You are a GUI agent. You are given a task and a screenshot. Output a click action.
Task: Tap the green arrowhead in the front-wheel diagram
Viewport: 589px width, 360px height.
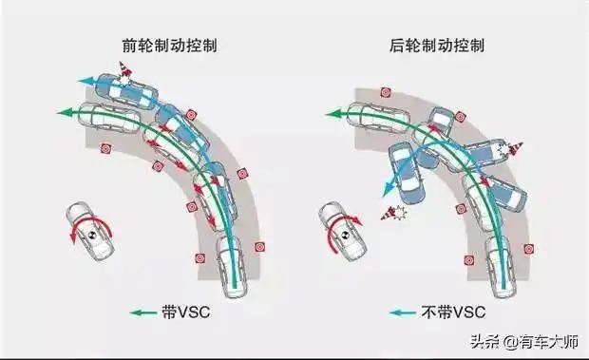coord(64,112)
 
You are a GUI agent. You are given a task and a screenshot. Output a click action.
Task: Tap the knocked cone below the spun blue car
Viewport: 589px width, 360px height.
coord(389,212)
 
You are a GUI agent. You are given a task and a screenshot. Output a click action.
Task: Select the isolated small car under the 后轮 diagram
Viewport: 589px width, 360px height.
coord(342,232)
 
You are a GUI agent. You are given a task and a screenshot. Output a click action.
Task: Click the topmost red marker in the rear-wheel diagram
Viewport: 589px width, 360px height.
coord(386,93)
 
